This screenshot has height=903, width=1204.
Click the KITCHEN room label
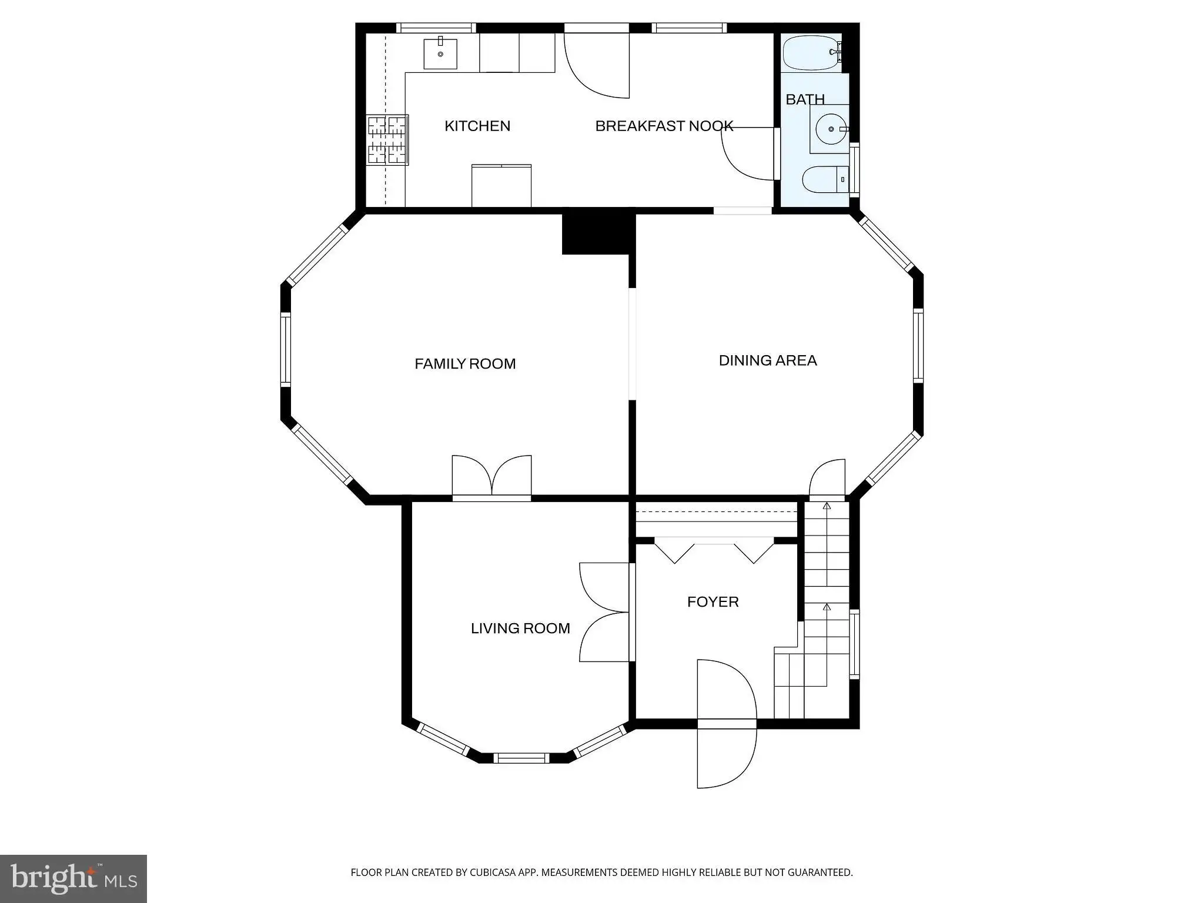(477, 126)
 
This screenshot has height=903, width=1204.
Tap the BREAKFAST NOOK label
(664, 126)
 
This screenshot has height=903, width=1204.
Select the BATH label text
(805, 99)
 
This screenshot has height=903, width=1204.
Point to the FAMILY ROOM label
(465, 364)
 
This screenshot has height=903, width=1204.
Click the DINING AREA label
(768, 360)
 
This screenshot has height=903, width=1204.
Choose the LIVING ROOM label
(520, 628)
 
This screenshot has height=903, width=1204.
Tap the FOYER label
(713, 602)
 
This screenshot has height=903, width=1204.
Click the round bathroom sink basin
(831, 129)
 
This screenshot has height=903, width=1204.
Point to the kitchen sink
(440, 53)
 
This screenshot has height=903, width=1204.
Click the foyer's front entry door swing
(727, 724)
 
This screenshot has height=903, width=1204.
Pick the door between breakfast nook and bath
(747, 154)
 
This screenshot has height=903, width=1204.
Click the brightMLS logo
(73, 878)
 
